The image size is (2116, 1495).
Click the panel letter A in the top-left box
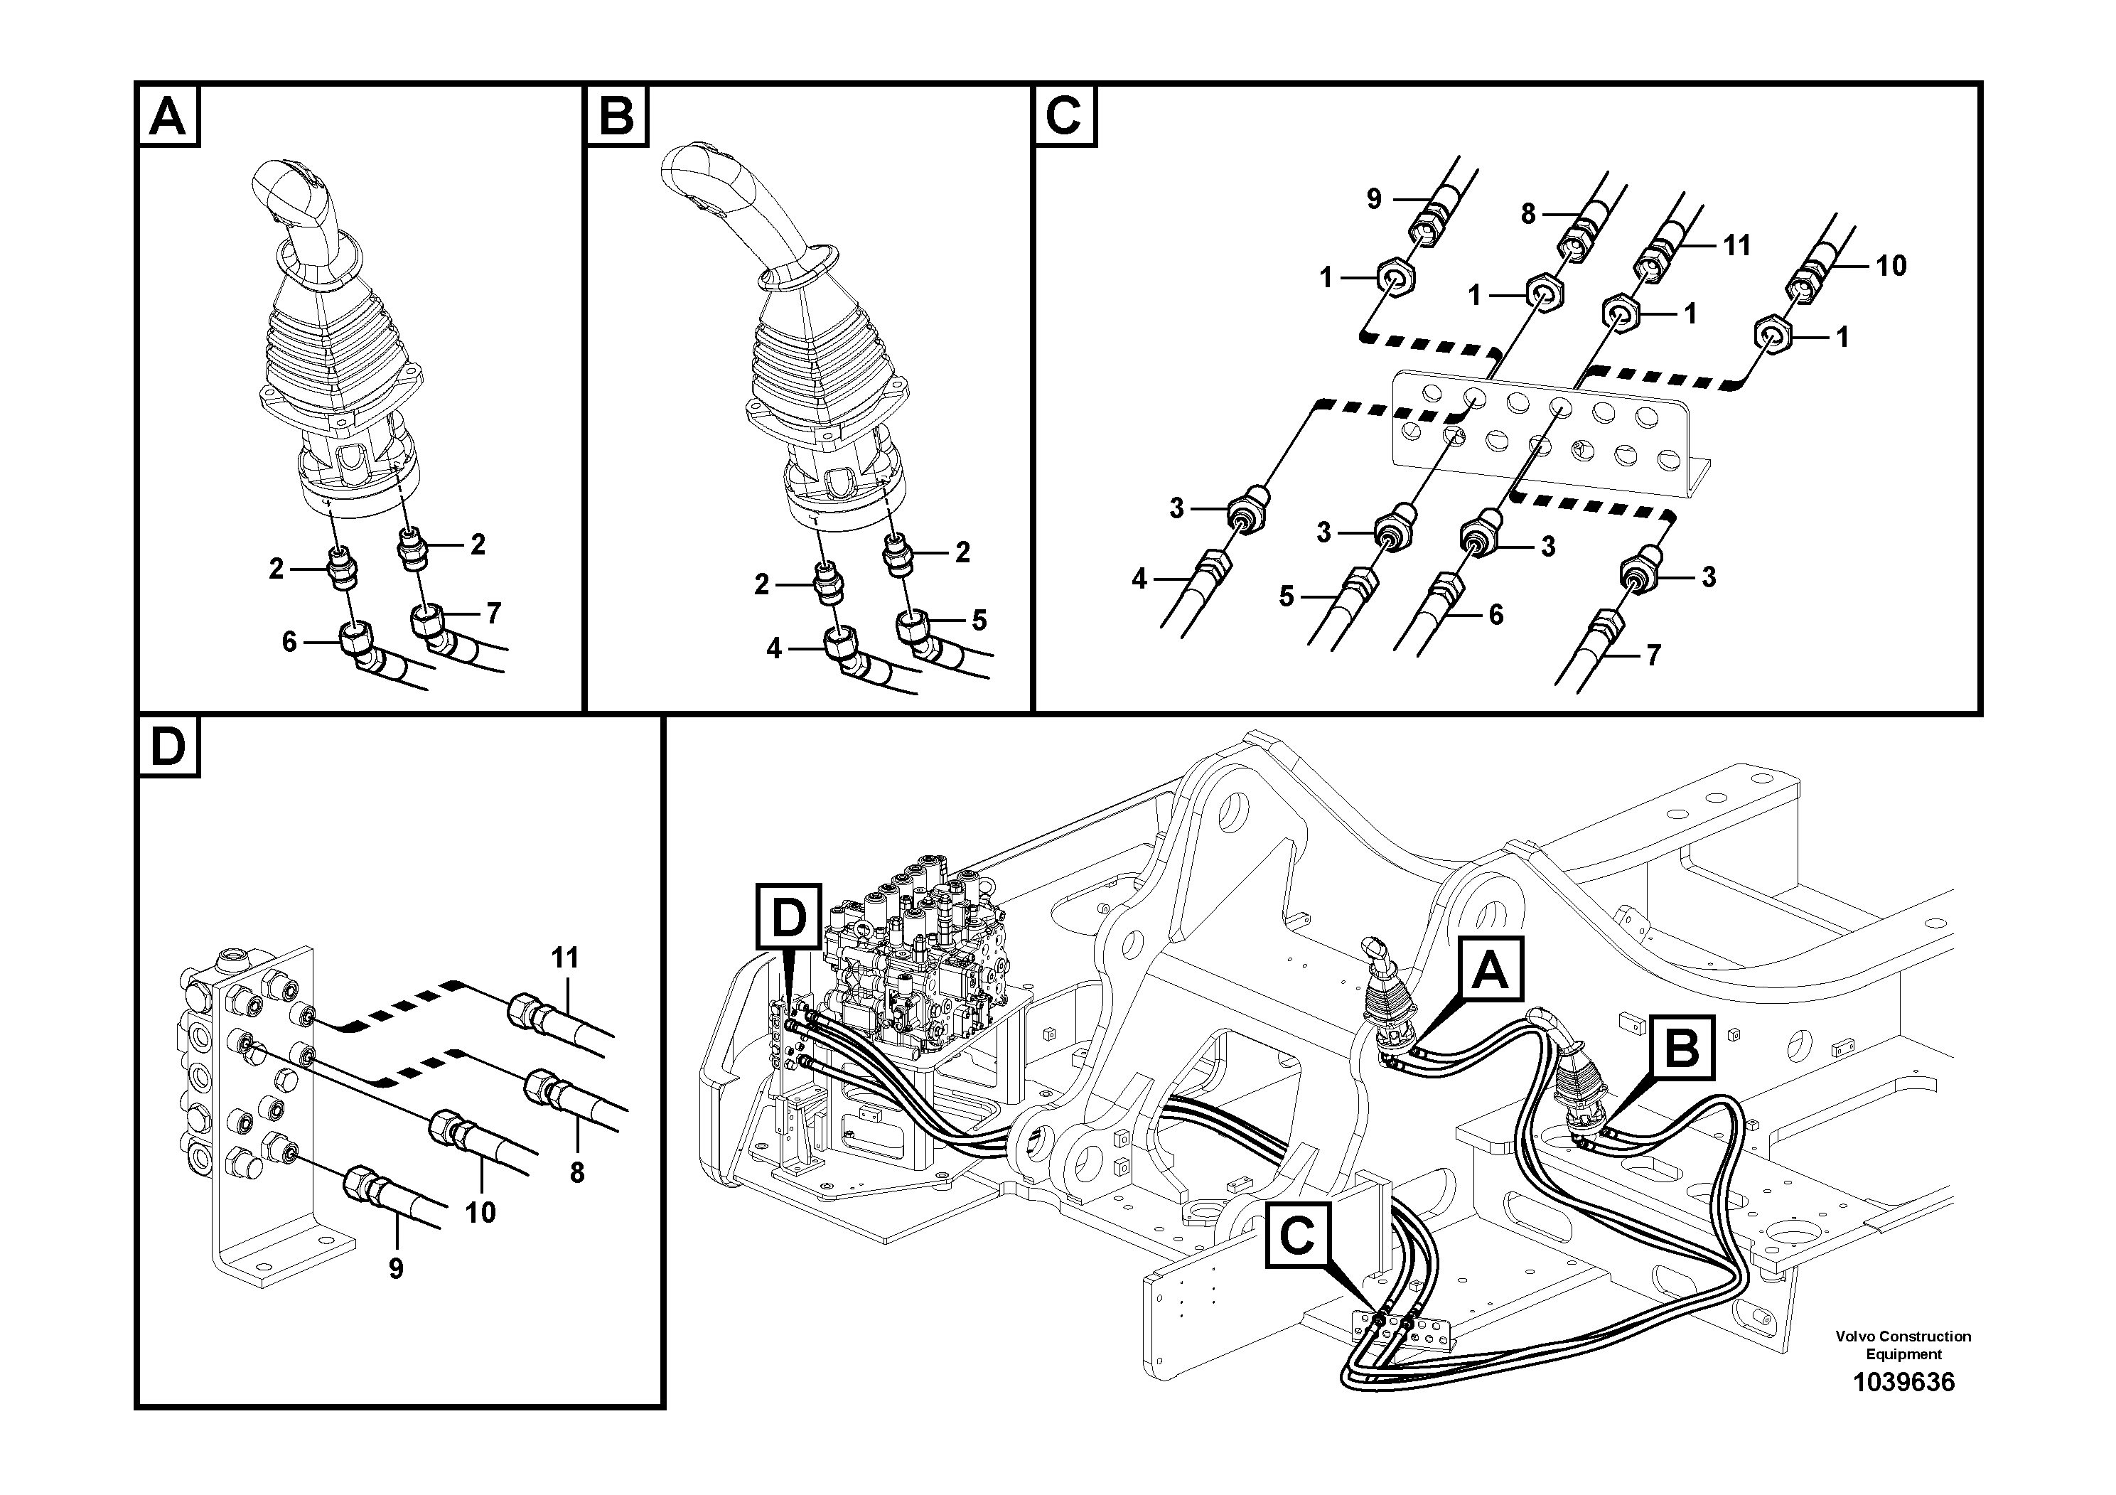click(168, 117)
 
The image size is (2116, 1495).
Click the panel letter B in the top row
click(616, 117)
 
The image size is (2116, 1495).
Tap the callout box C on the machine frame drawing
click(1296, 1235)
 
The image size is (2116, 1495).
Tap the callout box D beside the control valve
click(788, 917)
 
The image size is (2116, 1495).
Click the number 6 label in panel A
click(289, 641)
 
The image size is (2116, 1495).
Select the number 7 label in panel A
click(494, 612)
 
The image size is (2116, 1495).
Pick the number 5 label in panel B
click(979, 621)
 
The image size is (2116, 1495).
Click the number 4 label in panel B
click(774, 649)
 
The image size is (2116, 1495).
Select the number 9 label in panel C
click(1374, 199)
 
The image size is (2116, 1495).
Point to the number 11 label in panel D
click(564, 958)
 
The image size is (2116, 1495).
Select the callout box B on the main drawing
click(1682, 1047)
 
